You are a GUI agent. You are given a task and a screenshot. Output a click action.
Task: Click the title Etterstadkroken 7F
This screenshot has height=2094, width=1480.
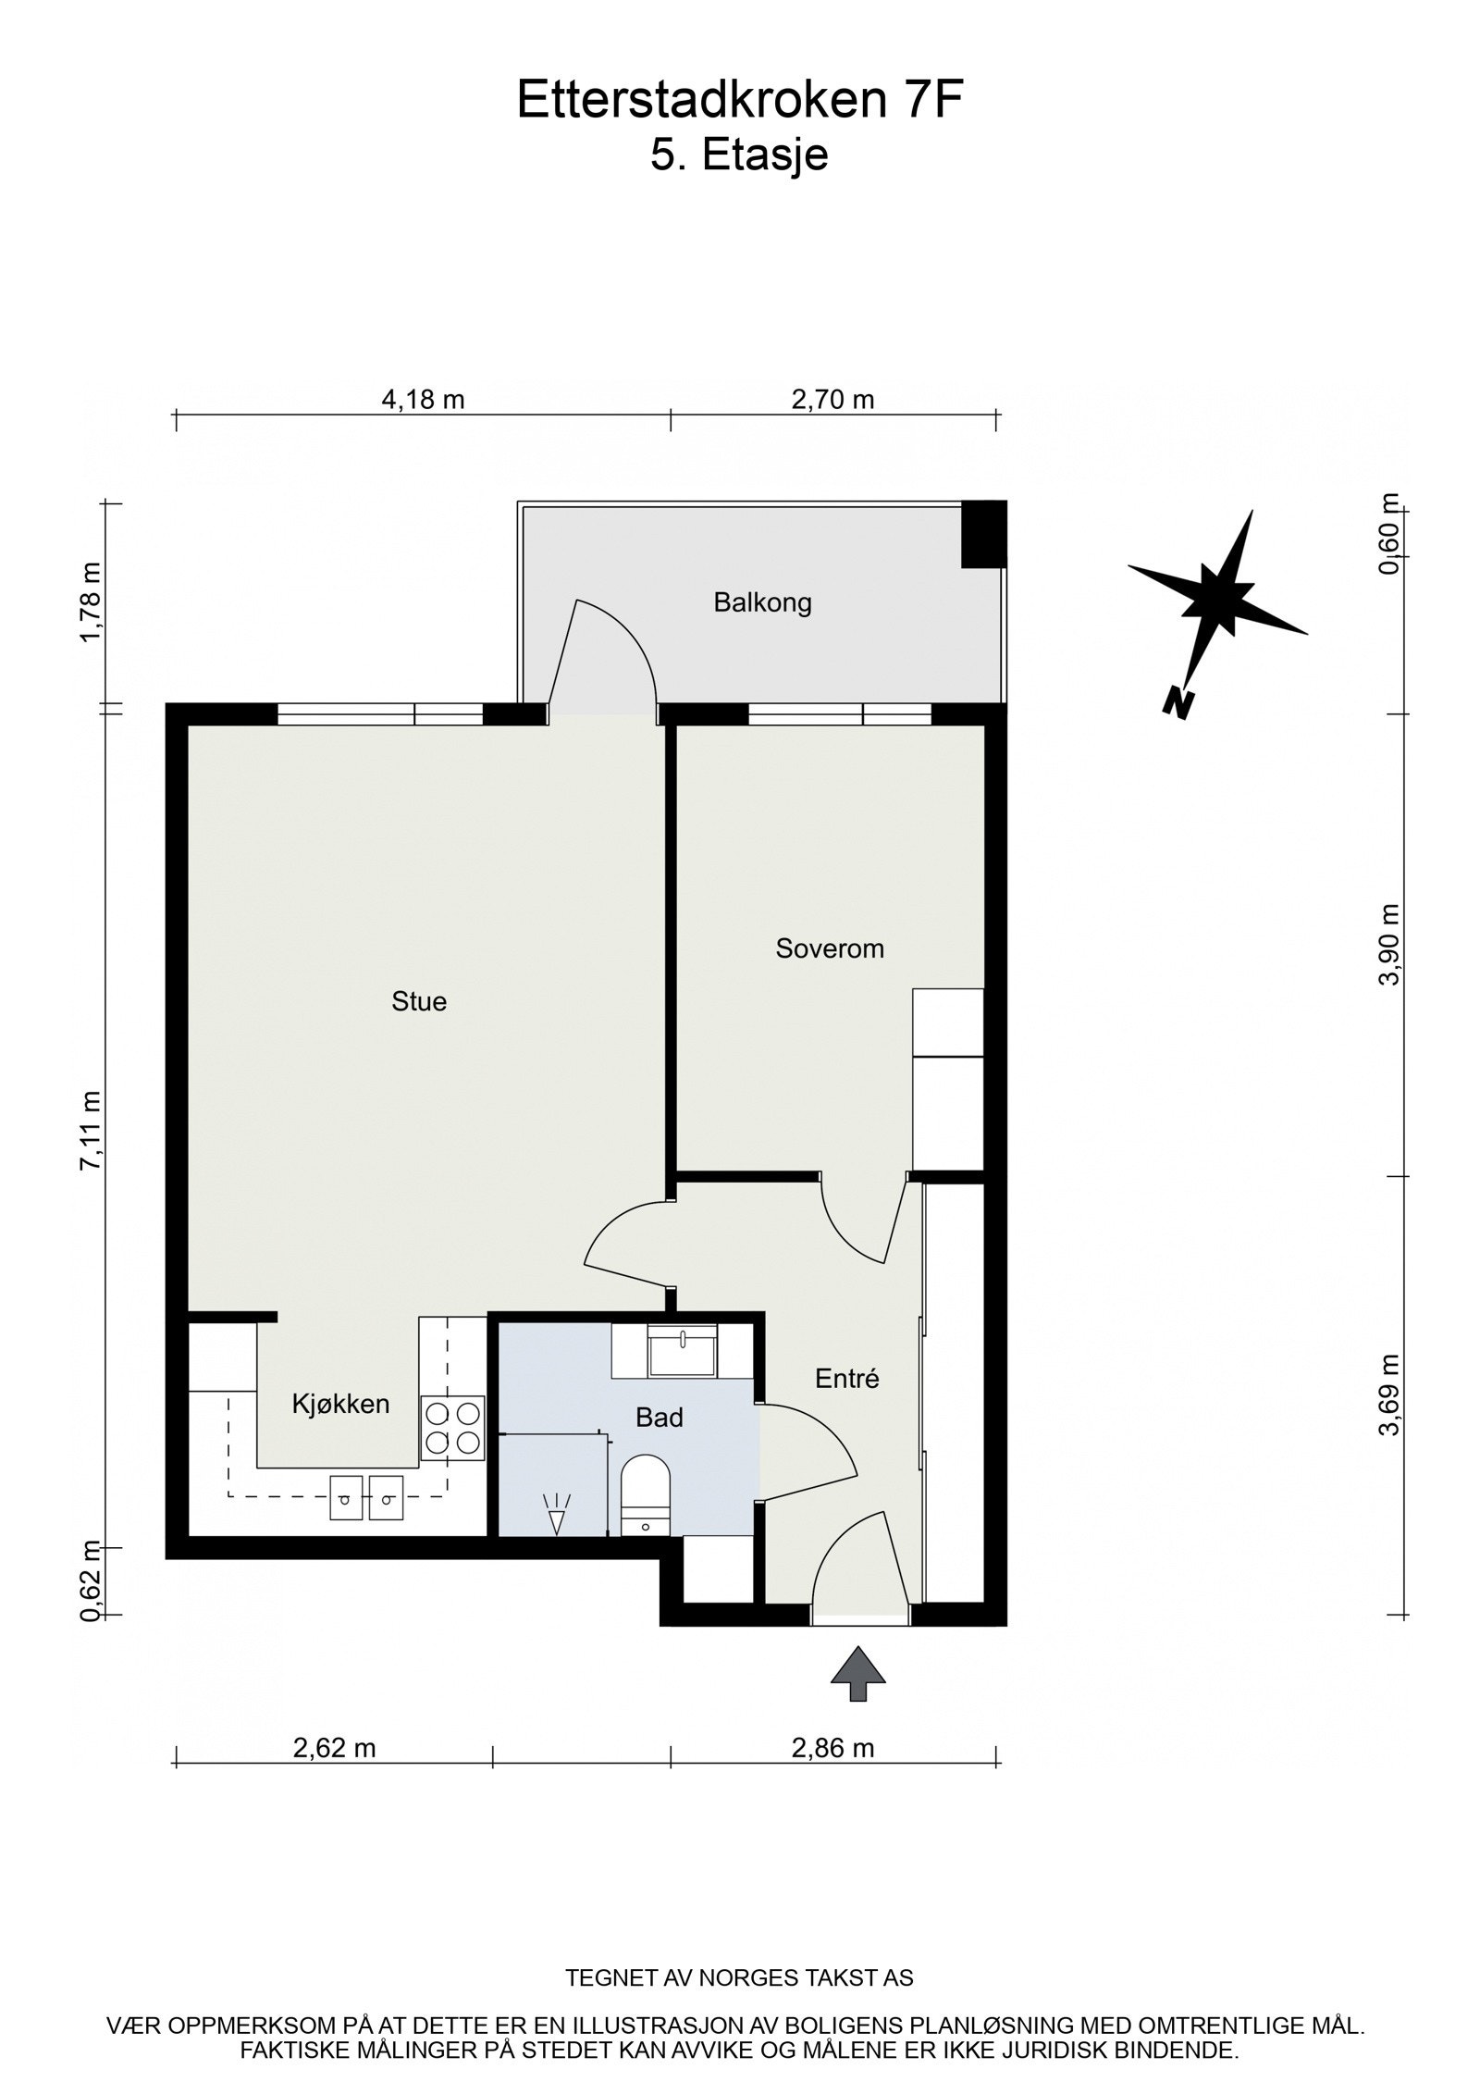pyautogui.click(x=739, y=101)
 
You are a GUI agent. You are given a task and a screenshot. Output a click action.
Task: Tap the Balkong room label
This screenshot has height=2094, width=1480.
pyautogui.click(x=762, y=603)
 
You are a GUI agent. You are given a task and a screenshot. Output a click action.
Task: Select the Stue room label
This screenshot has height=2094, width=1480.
pyautogui.click(x=419, y=1001)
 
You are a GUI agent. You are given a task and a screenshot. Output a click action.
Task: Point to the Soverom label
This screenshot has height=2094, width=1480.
pyautogui.click(x=830, y=948)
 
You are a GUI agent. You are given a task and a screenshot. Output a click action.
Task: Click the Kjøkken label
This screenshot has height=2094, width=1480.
pyautogui.click(x=340, y=1404)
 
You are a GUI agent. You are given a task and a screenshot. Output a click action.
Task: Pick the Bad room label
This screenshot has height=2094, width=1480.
pyautogui.click(x=659, y=1417)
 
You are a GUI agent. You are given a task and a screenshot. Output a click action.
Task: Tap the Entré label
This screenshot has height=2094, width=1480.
pyautogui.click(x=846, y=1379)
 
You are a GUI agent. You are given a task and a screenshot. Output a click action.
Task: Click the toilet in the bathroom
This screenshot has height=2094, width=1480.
pyautogui.click(x=645, y=1497)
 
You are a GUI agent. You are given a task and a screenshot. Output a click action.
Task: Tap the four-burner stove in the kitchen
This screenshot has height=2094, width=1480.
pyautogui.click(x=452, y=1429)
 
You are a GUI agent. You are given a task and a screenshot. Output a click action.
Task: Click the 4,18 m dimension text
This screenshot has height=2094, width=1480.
pyautogui.click(x=423, y=400)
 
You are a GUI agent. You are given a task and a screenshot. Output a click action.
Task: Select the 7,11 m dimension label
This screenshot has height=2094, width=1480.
pyautogui.click(x=91, y=1131)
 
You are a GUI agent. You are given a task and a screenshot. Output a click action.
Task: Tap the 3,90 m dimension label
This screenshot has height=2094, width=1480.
pyautogui.click(x=1389, y=945)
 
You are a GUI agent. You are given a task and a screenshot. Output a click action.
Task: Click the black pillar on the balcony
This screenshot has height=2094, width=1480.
pyautogui.click(x=983, y=534)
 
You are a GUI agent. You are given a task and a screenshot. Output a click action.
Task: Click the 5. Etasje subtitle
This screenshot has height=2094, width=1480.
pyautogui.click(x=739, y=155)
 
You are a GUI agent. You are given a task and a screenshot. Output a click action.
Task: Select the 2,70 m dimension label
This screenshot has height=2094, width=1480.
pyautogui.click(x=832, y=400)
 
